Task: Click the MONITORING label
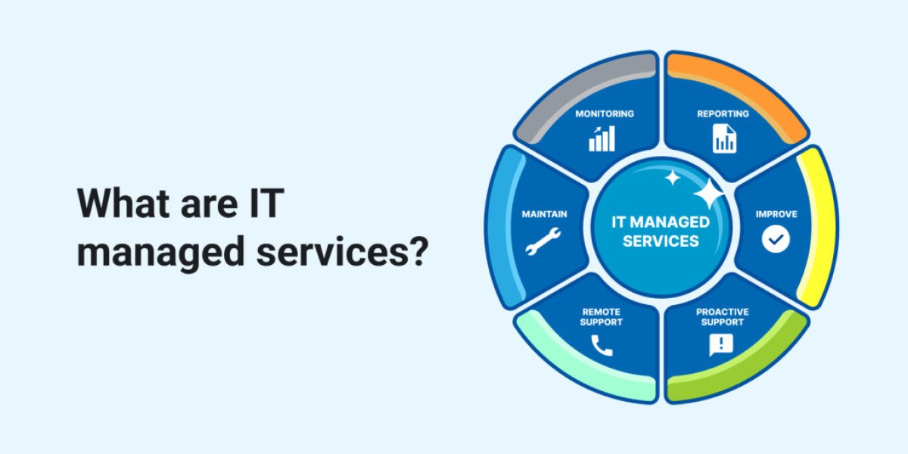coord(605,114)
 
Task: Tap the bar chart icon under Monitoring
coord(602,138)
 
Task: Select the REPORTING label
coord(723,114)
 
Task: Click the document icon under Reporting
coord(724,138)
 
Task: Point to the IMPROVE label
coord(776,214)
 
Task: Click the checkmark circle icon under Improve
coord(776,239)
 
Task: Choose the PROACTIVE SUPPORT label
coord(723,317)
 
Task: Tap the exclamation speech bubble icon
coord(721,345)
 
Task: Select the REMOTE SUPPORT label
coord(601,317)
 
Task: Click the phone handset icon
coord(602,345)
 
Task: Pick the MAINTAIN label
coord(544,214)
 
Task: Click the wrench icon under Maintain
coord(543,241)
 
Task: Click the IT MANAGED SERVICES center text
coord(661,232)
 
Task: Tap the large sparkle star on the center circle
coord(708,194)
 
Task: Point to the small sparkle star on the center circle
coord(673,178)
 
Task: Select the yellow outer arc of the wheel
coord(819,227)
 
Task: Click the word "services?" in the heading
coord(343,253)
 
